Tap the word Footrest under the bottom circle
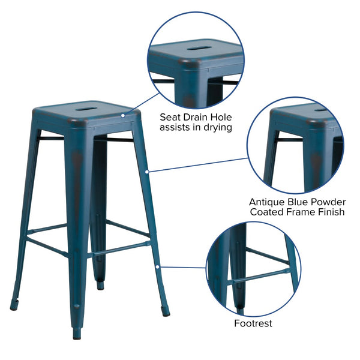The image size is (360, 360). coord(253,323)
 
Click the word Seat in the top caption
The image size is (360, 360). coord(171,116)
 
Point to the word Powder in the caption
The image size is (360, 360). coord(328,201)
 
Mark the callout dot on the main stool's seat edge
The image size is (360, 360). coord(124,115)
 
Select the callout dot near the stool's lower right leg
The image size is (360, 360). coord(158,266)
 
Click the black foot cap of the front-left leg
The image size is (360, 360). coord(14,306)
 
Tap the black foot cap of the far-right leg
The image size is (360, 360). coord(166,312)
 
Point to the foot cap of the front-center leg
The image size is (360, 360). coord(77,334)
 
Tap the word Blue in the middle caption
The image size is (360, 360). coord(299,201)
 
